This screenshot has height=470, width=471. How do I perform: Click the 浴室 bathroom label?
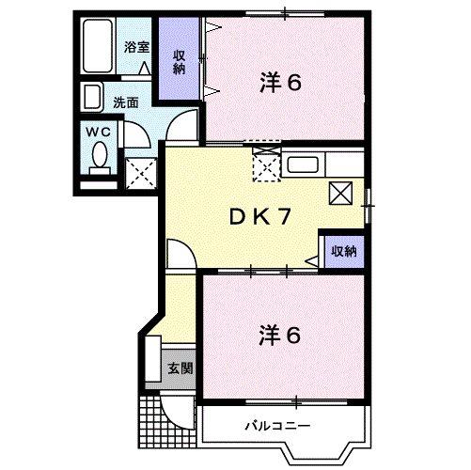[x=136, y=46]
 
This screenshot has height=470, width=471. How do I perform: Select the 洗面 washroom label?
[x=128, y=101]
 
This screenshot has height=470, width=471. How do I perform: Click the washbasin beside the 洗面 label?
[x=93, y=97]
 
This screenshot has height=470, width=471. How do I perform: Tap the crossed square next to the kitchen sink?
[x=340, y=193]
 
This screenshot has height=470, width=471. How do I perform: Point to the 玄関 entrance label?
[x=180, y=368]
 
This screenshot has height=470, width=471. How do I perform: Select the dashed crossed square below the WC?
[x=141, y=172]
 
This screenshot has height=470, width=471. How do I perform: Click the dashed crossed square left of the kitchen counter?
[x=266, y=166]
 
